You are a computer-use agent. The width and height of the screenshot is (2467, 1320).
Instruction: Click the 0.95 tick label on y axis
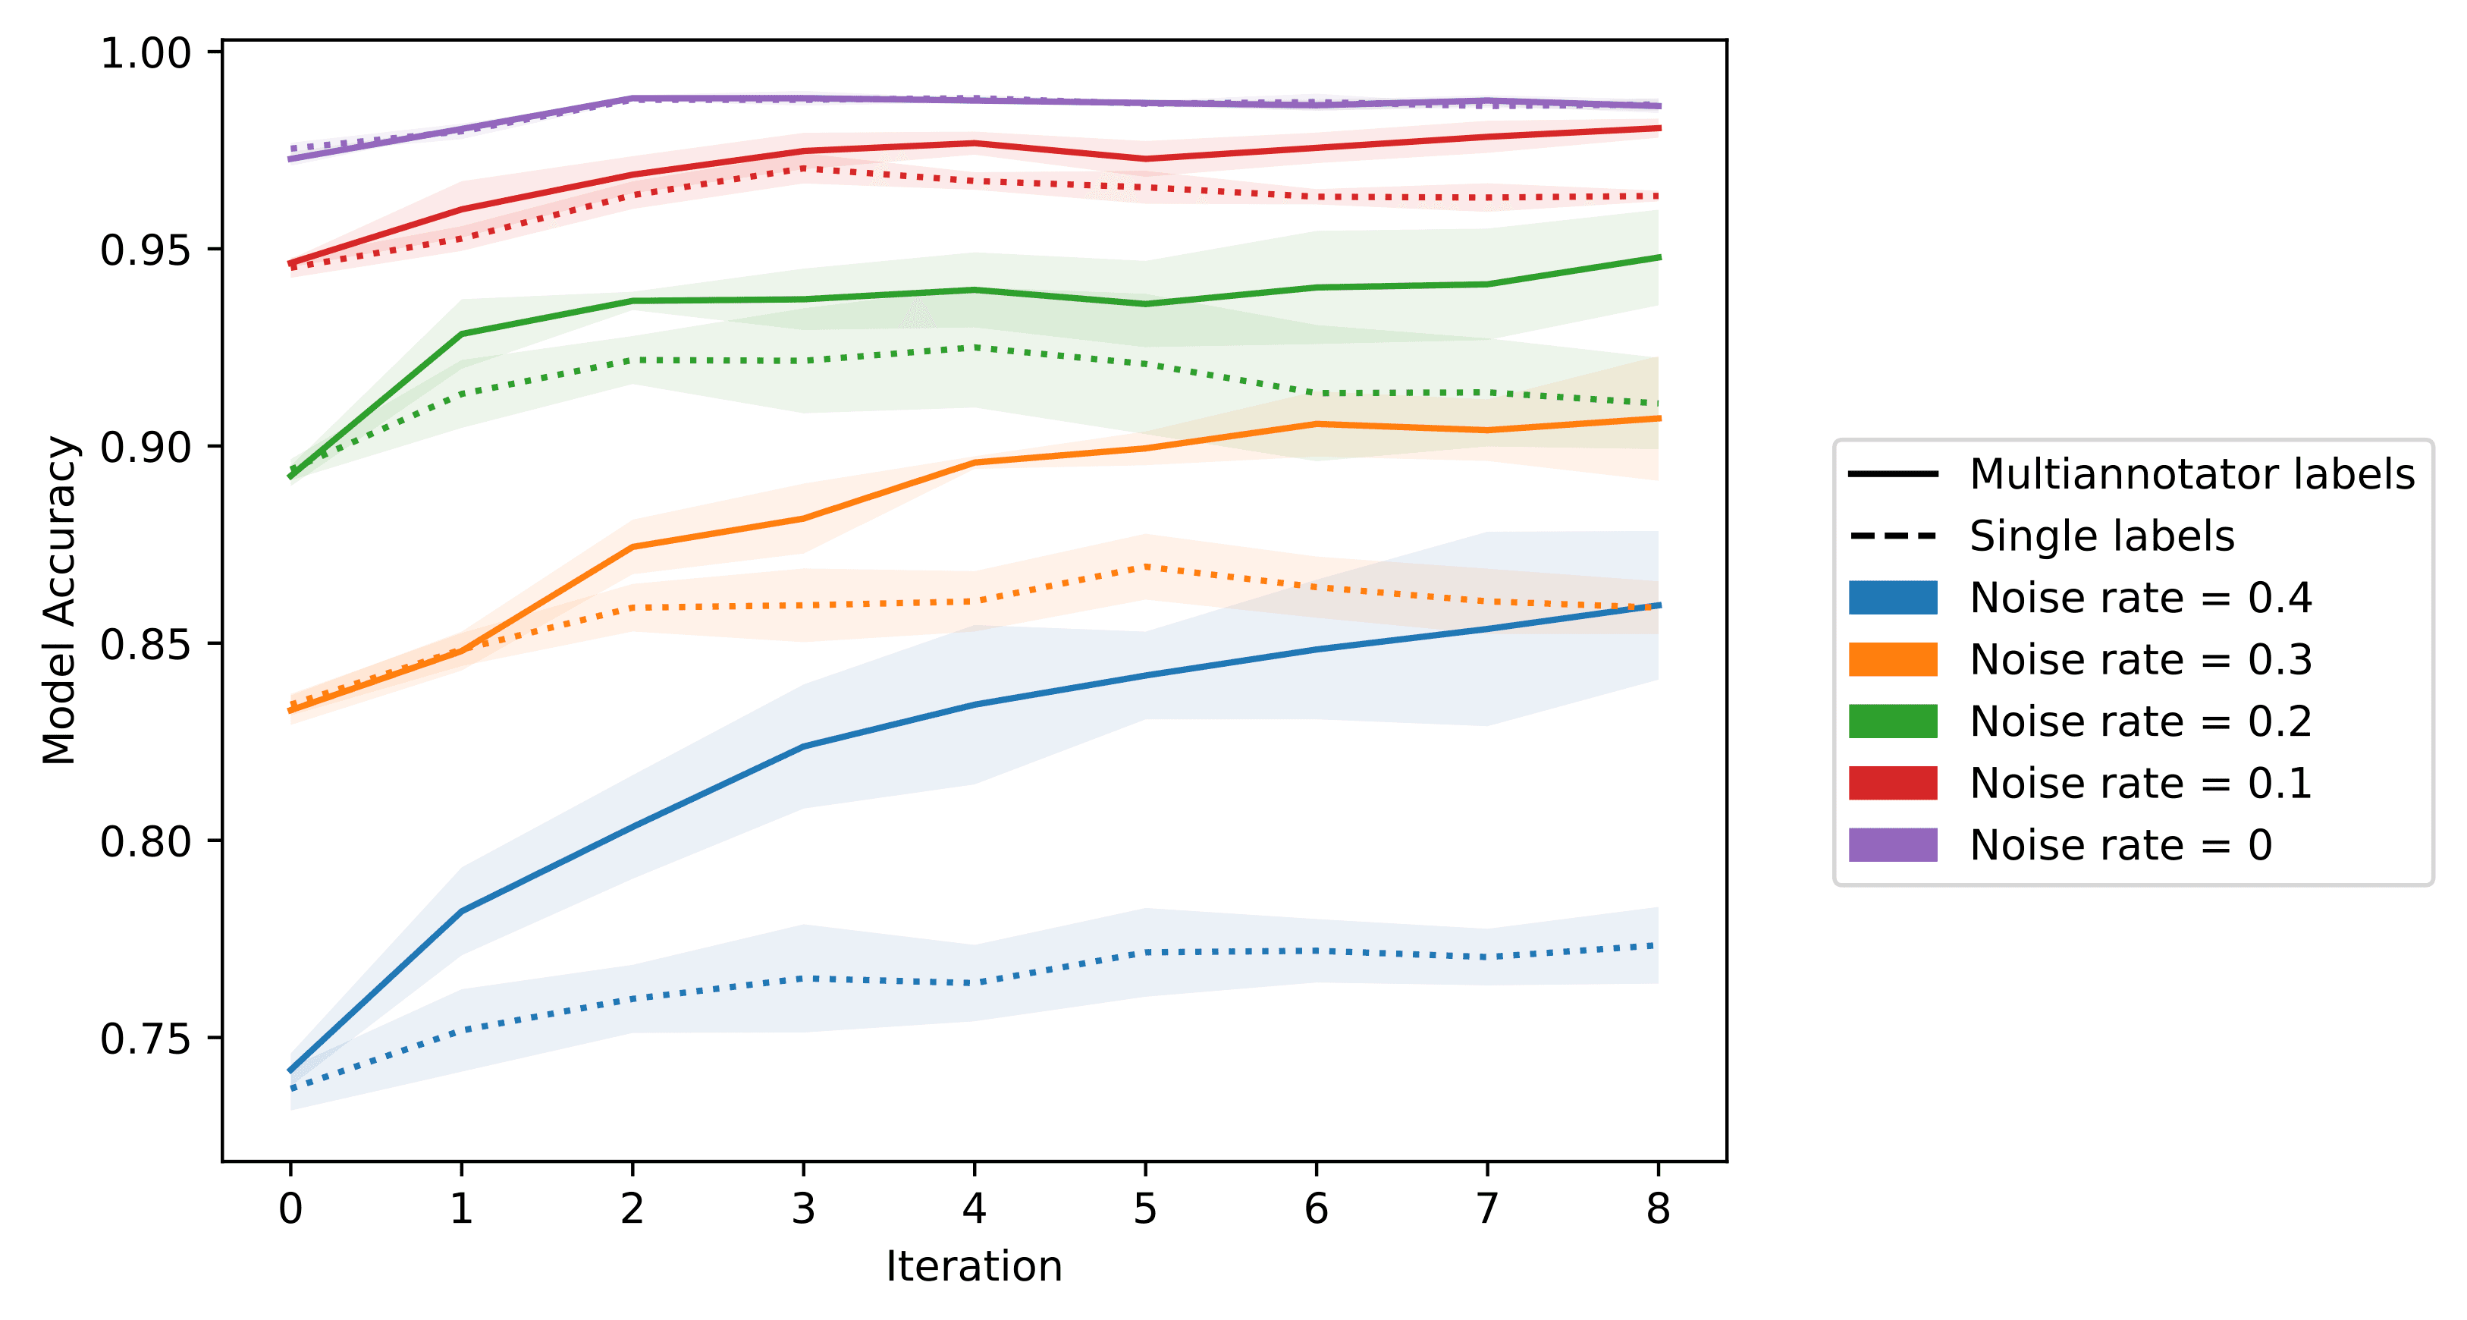146,250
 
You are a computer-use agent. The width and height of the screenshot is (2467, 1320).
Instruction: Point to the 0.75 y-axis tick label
146,1039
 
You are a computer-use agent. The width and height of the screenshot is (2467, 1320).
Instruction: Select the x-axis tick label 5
1144,1209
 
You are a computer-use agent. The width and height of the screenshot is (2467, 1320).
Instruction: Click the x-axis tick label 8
1658,1209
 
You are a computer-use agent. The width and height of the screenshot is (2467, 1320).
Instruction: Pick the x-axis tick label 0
290,1209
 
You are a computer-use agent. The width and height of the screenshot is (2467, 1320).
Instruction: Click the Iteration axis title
973,1266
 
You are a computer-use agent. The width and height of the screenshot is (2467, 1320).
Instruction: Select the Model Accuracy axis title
59,601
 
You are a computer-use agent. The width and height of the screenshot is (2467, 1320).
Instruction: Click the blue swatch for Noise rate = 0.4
1892,598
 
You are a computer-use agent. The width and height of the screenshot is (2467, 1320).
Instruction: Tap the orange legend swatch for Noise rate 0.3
1892,659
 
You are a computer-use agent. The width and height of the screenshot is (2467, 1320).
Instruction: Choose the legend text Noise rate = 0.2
2140,721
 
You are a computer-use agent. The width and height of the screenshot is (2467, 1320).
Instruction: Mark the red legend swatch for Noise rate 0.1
1892,783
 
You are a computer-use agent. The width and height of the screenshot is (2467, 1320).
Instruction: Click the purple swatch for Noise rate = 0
1892,845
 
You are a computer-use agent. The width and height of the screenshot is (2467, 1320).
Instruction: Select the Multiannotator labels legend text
2191,474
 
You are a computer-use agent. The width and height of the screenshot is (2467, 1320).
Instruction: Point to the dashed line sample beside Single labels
1892,536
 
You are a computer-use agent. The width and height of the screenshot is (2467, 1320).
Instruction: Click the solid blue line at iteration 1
462,911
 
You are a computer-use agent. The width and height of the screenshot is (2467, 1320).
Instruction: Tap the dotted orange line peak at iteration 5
1144,567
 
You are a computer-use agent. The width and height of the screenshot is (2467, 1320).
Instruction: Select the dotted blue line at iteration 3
802,978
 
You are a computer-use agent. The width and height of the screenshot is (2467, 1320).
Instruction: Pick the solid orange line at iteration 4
974,463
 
